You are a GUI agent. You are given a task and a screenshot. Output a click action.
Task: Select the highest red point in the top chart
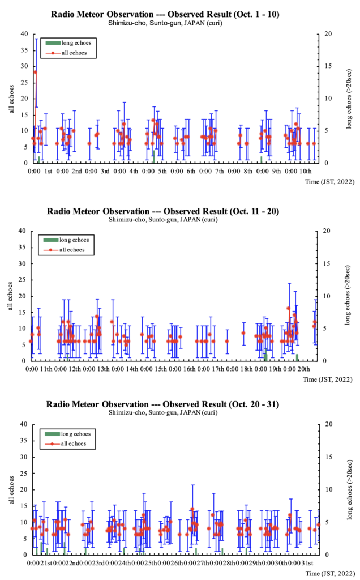(35, 72)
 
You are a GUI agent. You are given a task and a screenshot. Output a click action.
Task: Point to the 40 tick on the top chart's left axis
(24, 33)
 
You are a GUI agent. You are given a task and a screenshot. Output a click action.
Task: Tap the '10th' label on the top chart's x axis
(306, 170)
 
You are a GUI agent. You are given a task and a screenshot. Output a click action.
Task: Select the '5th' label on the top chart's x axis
(162, 170)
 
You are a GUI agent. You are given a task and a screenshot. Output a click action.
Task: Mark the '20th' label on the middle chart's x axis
(303, 369)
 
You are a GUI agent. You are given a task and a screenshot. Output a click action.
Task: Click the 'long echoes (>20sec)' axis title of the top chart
(350, 99)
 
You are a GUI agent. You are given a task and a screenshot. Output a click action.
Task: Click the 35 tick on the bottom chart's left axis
(24, 441)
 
